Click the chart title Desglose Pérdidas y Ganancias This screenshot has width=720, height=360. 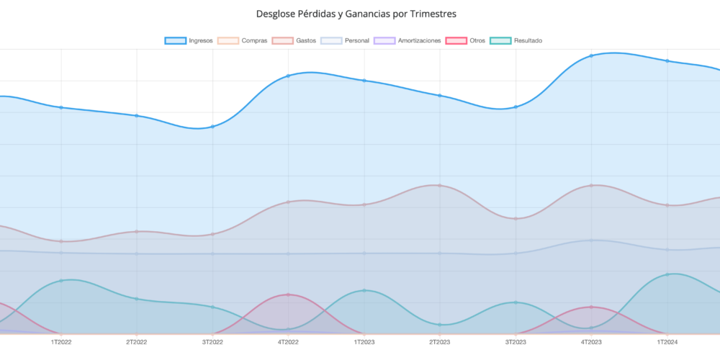click(x=356, y=14)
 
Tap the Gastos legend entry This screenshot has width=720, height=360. click(x=295, y=40)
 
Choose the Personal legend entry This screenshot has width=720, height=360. click(x=346, y=40)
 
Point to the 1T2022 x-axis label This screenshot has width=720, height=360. click(x=61, y=342)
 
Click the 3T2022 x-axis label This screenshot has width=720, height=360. click(x=212, y=342)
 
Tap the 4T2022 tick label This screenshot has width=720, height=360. click(x=288, y=342)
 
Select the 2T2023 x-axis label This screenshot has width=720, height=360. click(x=440, y=342)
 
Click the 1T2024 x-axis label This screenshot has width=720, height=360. click(x=667, y=342)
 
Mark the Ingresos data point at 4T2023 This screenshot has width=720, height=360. click(x=591, y=55)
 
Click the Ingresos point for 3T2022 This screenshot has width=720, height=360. click(x=212, y=127)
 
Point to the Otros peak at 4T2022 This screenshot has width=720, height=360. click(x=288, y=294)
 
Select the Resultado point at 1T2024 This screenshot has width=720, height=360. click(x=667, y=274)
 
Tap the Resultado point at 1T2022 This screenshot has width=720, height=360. click(x=61, y=280)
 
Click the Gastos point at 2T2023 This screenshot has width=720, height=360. click(x=440, y=186)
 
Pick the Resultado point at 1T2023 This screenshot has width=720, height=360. click(x=364, y=290)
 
